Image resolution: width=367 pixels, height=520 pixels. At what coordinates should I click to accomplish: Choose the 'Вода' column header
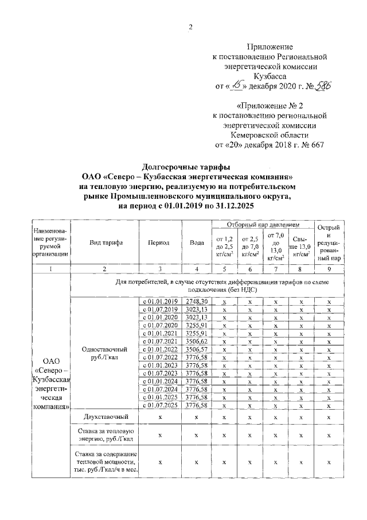tap(197, 242)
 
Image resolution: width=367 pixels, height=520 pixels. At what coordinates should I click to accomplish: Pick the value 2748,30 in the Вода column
tap(197, 301)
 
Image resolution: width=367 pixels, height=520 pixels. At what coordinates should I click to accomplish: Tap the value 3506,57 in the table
tap(197, 349)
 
